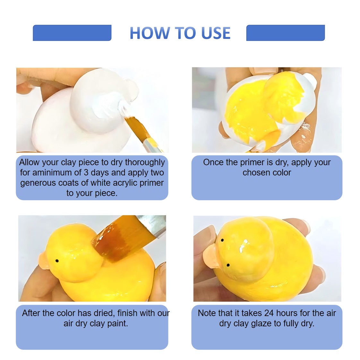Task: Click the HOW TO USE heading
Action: tap(180, 33)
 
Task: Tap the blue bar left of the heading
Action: tap(72, 33)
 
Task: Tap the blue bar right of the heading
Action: tap(285, 33)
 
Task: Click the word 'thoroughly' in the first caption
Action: tap(145, 162)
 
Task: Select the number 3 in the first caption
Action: tap(86, 172)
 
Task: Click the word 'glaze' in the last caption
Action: tap(262, 323)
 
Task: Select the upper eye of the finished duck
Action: tap(222, 240)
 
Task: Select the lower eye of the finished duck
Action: tap(228, 265)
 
